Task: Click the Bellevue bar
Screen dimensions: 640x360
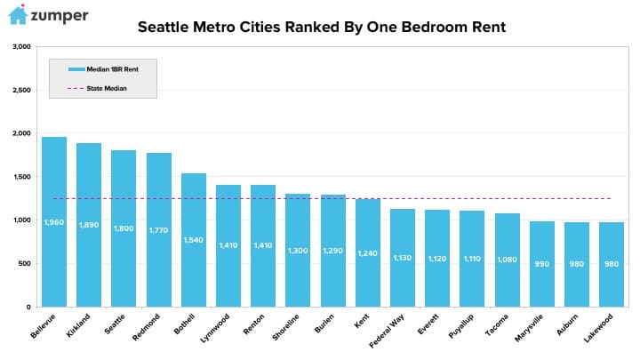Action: pos(54,221)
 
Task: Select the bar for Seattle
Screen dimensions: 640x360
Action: pos(124,228)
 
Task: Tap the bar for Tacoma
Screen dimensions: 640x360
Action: pos(508,260)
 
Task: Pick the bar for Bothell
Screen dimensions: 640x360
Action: pos(194,240)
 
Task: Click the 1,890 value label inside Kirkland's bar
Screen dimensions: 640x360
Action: pos(89,225)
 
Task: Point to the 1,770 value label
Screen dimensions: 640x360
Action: pos(158,230)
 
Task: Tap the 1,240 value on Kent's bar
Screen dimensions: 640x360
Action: pos(367,253)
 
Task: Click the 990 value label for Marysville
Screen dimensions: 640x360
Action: pos(542,264)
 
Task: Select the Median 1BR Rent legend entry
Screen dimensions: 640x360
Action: pos(103,69)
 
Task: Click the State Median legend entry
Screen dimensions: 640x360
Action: pos(97,88)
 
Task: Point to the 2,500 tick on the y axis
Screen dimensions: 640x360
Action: pos(21,90)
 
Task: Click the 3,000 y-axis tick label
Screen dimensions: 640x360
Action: pos(21,46)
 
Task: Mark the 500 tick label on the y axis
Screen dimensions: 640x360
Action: pos(24,263)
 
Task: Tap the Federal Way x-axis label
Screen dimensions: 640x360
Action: pos(386,330)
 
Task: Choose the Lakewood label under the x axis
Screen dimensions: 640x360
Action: pos(598,328)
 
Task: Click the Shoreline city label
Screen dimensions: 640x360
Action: pos(285,327)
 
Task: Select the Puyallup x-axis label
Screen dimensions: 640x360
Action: pos(460,325)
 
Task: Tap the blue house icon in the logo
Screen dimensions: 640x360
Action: pos(18,15)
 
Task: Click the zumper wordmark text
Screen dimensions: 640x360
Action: pos(60,16)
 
